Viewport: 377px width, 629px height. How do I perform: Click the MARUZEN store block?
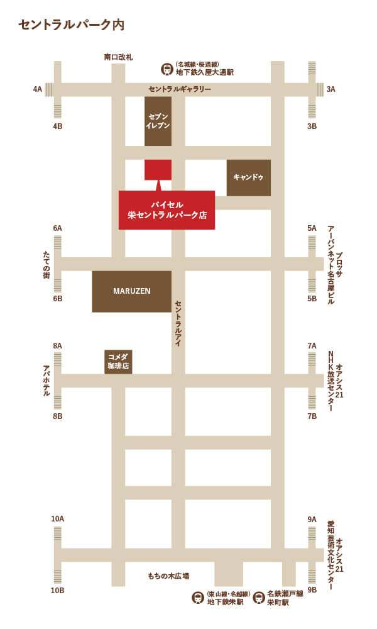click(x=131, y=291)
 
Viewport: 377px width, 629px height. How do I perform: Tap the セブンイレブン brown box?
click(x=158, y=121)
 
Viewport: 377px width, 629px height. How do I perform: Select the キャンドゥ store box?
click(x=249, y=177)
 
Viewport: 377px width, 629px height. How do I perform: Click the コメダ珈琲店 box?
click(x=118, y=362)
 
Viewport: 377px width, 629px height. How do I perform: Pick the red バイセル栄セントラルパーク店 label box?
click(x=167, y=210)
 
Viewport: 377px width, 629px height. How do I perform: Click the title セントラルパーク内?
click(x=71, y=25)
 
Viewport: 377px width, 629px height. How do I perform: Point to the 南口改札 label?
click(x=118, y=57)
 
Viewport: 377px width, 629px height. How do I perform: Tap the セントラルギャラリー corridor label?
click(x=180, y=89)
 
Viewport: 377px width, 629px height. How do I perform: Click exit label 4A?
click(x=38, y=89)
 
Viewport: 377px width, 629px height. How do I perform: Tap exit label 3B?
click(x=312, y=126)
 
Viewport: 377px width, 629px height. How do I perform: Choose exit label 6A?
click(x=58, y=228)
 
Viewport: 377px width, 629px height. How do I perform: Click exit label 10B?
click(x=57, y=591)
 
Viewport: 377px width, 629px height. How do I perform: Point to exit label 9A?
click(x=312, y=520)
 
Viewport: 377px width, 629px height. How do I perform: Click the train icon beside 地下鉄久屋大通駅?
click(x=167, y=69)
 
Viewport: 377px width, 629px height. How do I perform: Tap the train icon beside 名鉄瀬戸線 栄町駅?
click(x=258, y=598)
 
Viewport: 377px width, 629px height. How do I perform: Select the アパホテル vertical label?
click(x=46, y=381)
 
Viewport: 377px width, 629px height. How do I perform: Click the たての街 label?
click(x=46, y=265)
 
